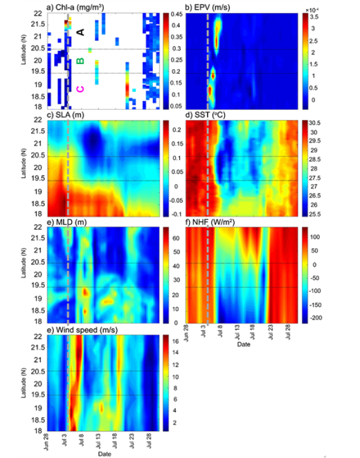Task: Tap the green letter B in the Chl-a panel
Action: (x=81, y=61)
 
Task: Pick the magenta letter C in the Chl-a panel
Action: (x=80, y=89)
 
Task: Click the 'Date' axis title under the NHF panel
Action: (x=244, y=345)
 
